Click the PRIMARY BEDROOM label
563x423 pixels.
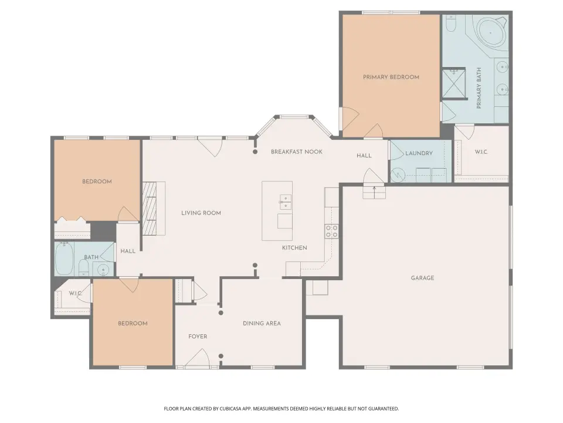point(391,77)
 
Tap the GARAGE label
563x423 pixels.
point(423,278)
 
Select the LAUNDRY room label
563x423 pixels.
point(419,153)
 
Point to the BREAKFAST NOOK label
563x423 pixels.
point(297,152)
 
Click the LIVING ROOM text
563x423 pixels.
point(201,213)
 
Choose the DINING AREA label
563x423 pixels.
point(262,323)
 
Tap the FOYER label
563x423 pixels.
point(198,336)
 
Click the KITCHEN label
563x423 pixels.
point(294,248)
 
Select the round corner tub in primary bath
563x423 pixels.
point(490,32)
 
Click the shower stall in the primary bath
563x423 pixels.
point(454,83)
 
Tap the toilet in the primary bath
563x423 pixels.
point(450,23)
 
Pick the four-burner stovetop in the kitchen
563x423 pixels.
point(331,231)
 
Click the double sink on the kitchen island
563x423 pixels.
point(286,202)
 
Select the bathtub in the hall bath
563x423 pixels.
point(65,259)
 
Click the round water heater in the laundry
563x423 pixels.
point(398,176)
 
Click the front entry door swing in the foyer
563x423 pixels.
point(198,358)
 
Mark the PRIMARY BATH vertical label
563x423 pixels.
point(479,88)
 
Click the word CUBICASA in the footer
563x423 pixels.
point(232,409)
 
